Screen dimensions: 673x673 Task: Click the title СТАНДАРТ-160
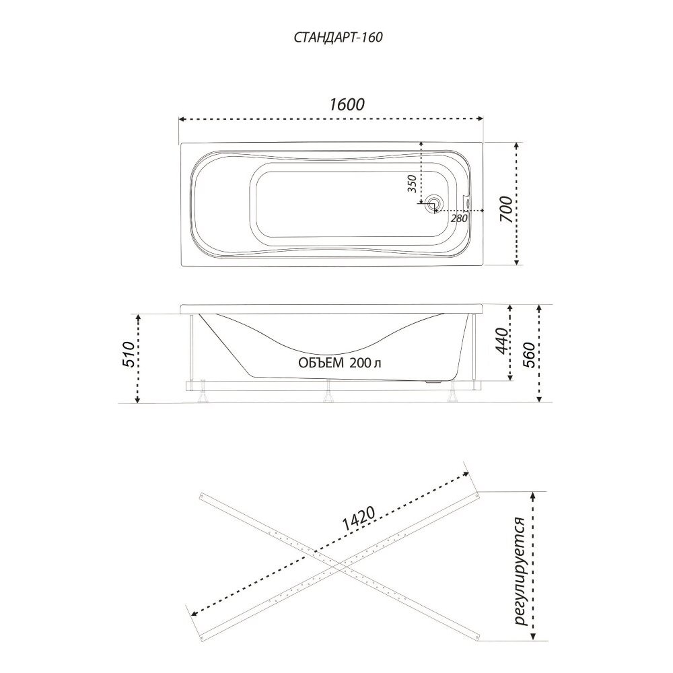pyautogui.click(x=339, y=38)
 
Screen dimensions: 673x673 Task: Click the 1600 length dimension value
pyautogui.click(x=347, y=104)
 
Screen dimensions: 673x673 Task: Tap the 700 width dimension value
pyautogui.click(x=507, y=209)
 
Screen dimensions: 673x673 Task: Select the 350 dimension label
pyautogui.click(x=412, y=184)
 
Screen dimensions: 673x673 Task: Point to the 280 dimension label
pyautogui.click(x=459, y=218)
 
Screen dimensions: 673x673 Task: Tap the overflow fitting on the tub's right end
pyautogui.click(x=467, y=201)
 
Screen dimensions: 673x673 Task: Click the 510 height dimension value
pyautogui.click(x=129, y=354)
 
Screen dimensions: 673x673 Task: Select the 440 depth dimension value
pyautogui.click(x=501, y=341)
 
